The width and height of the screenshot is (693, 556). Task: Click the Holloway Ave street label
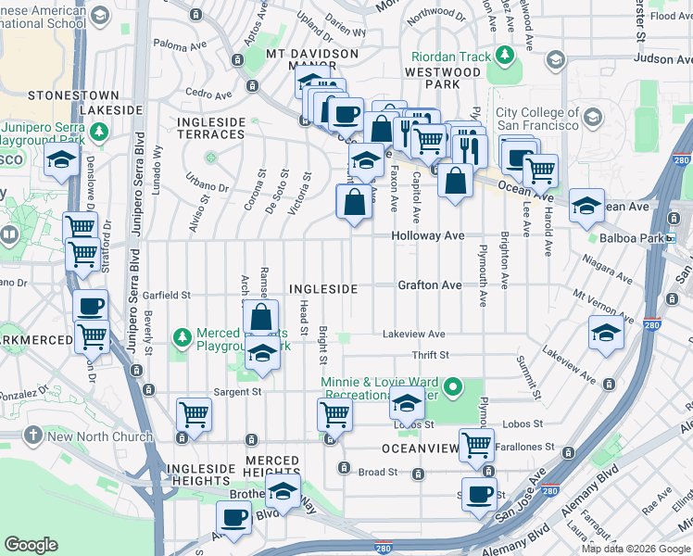click(427, 236)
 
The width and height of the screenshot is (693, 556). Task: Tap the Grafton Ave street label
click(430, 285)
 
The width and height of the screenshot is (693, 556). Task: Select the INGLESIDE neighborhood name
click(322, 289)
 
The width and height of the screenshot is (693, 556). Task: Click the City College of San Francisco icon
click(592, 118)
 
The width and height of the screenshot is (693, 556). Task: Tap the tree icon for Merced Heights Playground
click(183, 335)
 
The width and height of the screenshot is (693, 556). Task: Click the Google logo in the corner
click(31, 545)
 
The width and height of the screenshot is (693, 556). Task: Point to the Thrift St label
click(431, 355)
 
